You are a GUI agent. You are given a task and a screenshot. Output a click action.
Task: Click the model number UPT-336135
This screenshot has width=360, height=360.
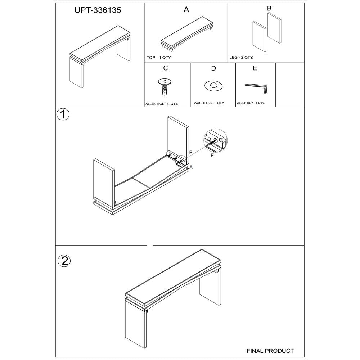98,10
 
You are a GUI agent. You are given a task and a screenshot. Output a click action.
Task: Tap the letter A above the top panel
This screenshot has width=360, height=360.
186,10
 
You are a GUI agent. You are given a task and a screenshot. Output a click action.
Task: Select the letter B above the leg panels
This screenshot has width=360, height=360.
269,8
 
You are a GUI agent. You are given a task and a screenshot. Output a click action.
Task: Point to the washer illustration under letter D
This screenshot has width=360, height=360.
213,86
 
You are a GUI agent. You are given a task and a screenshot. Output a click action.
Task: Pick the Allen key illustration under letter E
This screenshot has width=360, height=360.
256,88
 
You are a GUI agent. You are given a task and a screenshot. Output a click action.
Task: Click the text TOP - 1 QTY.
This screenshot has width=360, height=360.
159,57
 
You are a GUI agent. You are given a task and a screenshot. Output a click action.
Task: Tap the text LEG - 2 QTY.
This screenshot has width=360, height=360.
241,57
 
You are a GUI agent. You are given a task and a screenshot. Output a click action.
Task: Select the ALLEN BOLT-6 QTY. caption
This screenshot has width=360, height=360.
162,104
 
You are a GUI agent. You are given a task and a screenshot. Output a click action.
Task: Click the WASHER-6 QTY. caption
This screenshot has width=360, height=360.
209,103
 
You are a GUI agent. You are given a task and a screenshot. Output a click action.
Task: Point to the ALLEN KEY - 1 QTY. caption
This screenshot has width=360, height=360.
251,103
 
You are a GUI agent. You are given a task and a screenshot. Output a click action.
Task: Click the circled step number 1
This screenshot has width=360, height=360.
63,114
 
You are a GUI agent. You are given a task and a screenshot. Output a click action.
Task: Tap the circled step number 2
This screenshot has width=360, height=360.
64,261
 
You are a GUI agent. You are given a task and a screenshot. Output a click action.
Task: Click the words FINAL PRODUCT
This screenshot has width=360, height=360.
270,351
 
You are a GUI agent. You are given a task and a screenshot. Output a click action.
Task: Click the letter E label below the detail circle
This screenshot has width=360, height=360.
212,156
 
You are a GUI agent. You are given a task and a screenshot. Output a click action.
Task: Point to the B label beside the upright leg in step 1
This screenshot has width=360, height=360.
190,152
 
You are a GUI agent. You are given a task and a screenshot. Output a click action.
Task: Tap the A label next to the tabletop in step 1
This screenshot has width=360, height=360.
191,167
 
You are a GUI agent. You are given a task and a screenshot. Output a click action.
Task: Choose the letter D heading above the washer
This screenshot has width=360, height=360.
213,68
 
